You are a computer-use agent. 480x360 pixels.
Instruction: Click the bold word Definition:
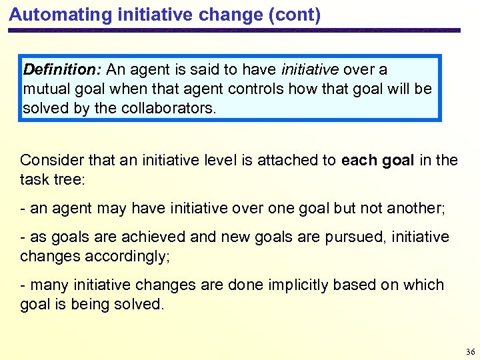coord(63,69)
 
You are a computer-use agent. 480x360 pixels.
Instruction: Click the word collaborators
coord(168,108)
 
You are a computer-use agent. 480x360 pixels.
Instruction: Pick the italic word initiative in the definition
coord(311,69)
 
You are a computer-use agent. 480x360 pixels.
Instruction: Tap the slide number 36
coord(470,351)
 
